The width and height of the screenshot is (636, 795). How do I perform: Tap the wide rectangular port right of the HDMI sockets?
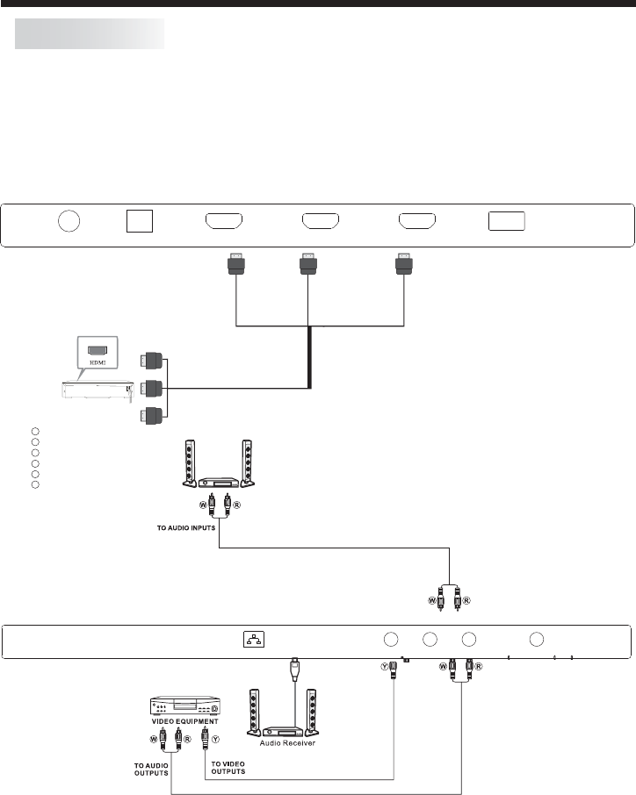click(x=507, y=221)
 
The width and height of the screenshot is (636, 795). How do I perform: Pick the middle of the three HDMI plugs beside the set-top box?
click(x=151, y=388)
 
